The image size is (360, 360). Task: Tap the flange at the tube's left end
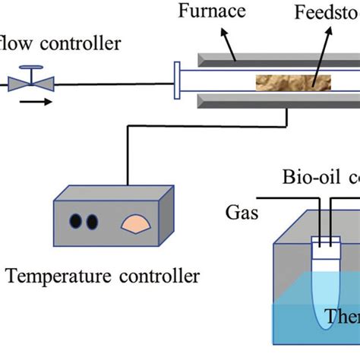(177, 81)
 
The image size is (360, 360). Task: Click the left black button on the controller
(77, 222)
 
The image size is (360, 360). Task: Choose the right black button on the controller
(93, 222)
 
